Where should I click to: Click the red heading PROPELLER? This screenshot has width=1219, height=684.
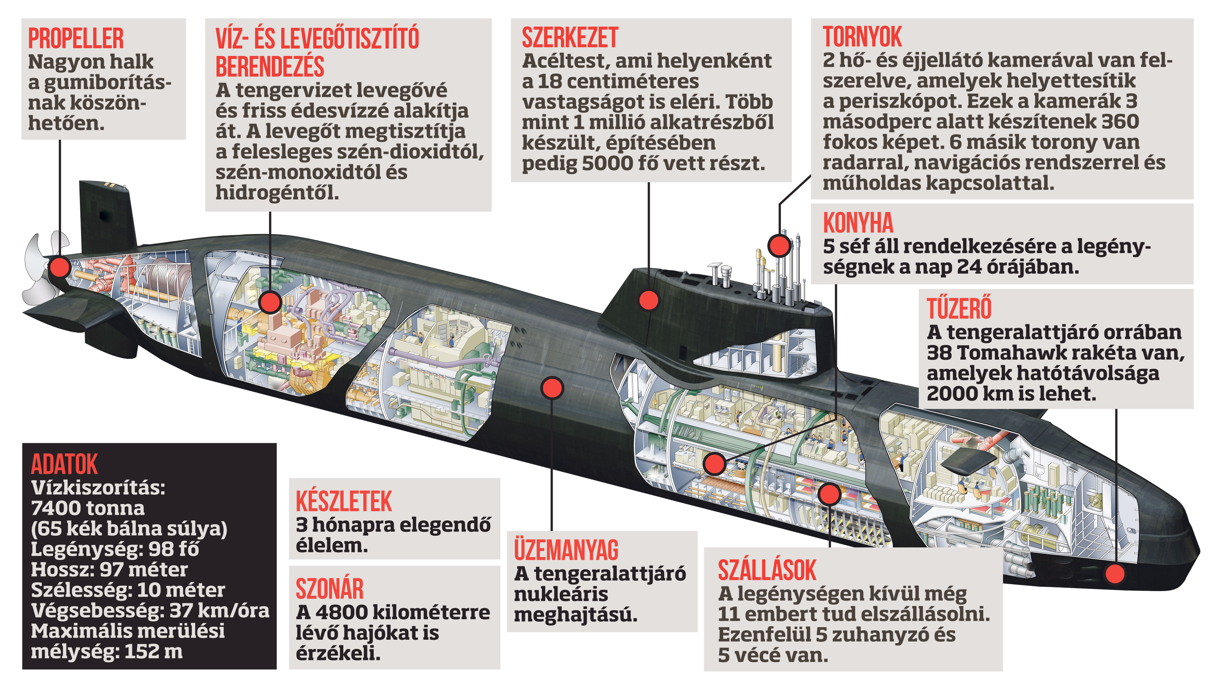pyautogui.click(x=76, y=38)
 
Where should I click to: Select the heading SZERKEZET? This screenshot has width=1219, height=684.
pyautogui.click(x=570, y=37)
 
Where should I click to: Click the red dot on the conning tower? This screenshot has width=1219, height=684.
pyautogui.click(x=649, y=300)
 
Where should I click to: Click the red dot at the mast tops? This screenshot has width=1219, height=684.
pyautogui.click(x=779, y=245)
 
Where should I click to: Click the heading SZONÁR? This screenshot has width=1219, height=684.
pyautogui.click(x=330, y=589)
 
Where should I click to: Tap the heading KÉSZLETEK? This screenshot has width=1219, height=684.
pyautogui.click(x=344, y=502)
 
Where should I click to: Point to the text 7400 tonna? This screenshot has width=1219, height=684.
pyautogui.click(x=88, y=508)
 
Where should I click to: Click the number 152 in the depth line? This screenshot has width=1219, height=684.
pyautogui.click(x=140, y=652)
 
